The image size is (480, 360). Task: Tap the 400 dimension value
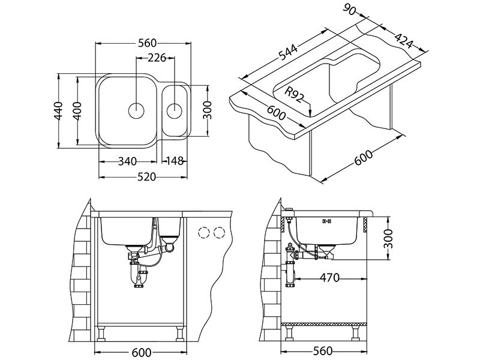tap(77, 109)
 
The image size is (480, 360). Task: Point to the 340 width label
tap(127, 161)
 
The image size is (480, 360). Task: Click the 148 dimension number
tap(173, 161)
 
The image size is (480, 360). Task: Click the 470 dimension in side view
tap(329, 278)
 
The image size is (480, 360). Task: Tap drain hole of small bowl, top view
tap(175, 110)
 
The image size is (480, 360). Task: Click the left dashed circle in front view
tap(204, 233)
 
